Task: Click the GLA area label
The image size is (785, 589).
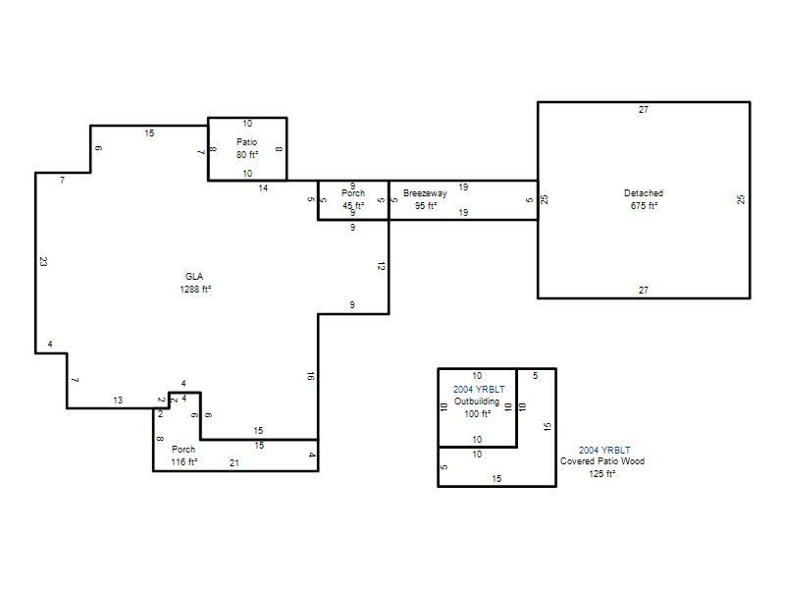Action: pos(194,277)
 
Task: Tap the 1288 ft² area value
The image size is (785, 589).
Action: pos(195,289)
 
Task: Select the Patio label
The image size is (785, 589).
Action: pos(247,142)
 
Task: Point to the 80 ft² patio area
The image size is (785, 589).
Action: pos(247,155)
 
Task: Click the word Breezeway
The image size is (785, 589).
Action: pos(425,193)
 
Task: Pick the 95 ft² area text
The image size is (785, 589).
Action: pos(426,206)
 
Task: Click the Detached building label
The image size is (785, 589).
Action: pos(644,192)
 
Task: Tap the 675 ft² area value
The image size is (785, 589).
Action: pos(644,206)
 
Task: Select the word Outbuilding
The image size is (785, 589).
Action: pos(477,402)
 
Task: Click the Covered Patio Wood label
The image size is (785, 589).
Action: pos(602,461)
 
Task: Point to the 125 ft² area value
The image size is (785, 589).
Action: pos(602,474)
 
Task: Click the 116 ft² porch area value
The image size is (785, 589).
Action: pos(184,461)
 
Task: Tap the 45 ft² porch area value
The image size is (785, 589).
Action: pos(353,206)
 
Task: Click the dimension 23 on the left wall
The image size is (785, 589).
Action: pos(43,261)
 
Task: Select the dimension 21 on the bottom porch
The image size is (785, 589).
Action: pos(235,463)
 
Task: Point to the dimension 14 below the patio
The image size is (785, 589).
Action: pos(263,188)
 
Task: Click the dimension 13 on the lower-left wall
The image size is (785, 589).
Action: pos(118,401)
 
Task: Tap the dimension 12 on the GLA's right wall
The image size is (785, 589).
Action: pos(381,266)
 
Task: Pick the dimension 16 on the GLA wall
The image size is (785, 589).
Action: pos(310,376)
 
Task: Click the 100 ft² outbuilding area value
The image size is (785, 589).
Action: pos(478,414)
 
